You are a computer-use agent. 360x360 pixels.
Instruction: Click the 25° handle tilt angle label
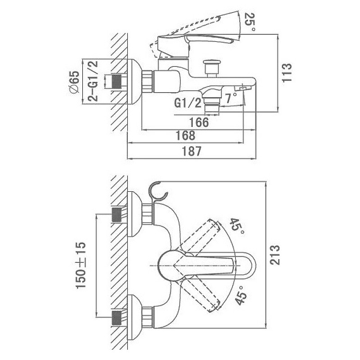click(x=250, y=22)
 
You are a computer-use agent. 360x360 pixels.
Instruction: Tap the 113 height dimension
click(x=287, y=72)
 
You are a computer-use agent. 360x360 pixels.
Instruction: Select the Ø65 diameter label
click(x=74, y=82)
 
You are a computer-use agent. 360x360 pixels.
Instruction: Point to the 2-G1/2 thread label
click(x=93, y=81)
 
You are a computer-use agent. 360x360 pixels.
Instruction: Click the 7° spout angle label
click(x=231, y=98)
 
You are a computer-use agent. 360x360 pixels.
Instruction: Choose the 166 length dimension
click(x=199, y=122)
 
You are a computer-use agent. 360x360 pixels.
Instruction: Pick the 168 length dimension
click(x=185, y=135)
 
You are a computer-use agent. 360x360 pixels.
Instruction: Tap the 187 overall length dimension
click(x=192, y=151)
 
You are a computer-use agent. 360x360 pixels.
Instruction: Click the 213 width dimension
click(x=274, y=255)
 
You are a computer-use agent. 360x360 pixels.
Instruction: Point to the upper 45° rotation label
click(x=238, y=226)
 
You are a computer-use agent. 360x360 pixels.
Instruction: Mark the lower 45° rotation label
click(x=241, y=295)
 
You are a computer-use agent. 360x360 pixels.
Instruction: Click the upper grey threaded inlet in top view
click(x=117, y=215)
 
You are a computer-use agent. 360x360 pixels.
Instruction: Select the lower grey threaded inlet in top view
click(x=117, y=318)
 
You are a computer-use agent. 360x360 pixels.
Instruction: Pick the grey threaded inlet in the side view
click(x=117, y=82)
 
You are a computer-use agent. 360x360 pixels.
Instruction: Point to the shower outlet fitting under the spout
click(x=211, y=105)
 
